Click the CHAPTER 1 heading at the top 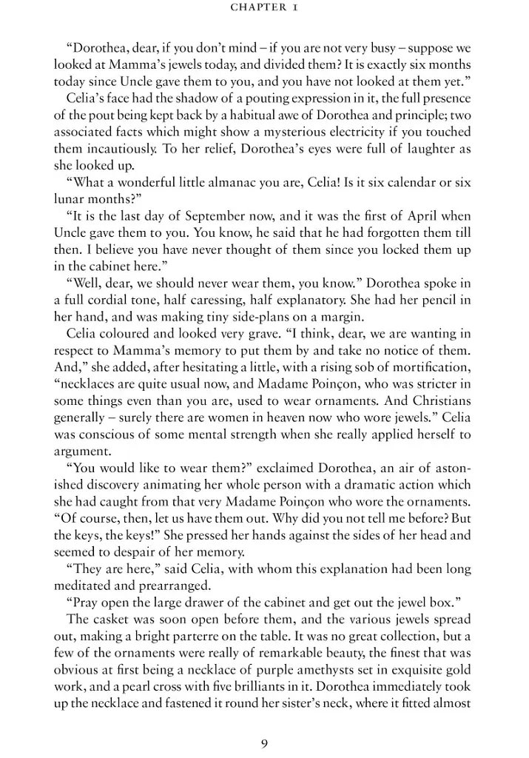[264, 8]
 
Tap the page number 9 [264, 723]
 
